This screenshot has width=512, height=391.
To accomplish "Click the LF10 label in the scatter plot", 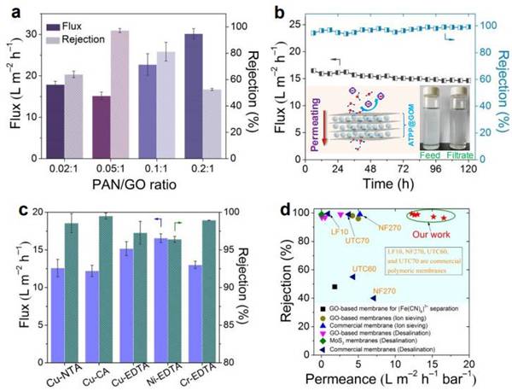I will pos(336,231).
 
